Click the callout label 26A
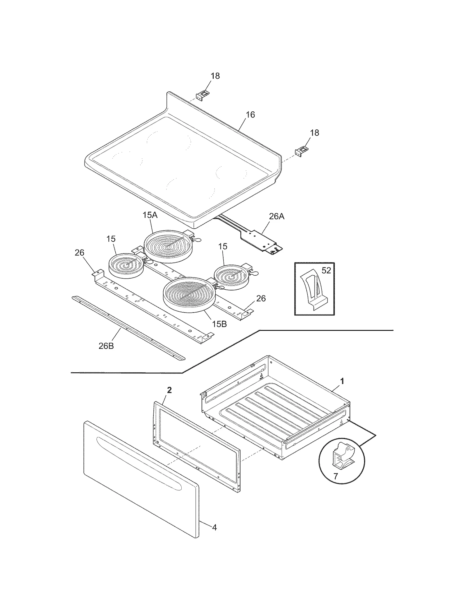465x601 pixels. pos(276,216)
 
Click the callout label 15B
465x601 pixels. pos(219,324)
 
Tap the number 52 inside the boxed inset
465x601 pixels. pos(326,270)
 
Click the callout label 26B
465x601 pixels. pos(106,346)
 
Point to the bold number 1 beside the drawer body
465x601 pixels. pos(342,381)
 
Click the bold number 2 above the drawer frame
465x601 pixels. pos(169,390)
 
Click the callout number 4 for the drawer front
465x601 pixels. pos(214,527)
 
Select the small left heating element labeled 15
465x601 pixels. pos(126,265)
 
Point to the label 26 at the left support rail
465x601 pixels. pos(79,253)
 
